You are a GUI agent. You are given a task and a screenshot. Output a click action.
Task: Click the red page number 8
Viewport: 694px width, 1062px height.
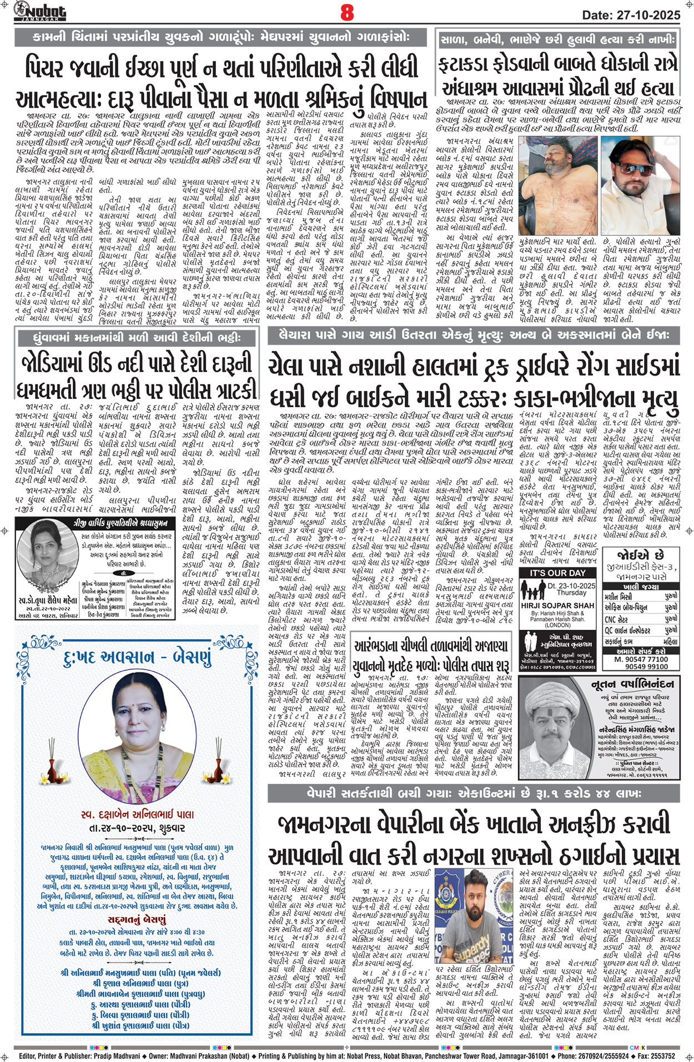coord(347,12)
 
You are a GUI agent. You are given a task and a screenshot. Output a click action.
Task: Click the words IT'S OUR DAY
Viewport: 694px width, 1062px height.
coord(557,573)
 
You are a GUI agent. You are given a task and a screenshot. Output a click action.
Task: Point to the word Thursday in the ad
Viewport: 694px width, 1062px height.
coord(571,593)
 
